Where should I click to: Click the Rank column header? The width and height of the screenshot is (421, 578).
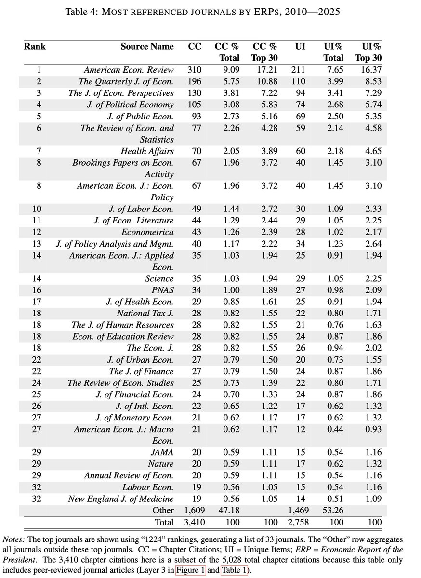(35, 47)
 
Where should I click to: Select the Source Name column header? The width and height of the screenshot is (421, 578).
(147, 47)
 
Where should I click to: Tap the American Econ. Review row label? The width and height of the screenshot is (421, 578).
(129, 70)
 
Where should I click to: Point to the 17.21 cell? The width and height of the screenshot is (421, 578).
(264, 70)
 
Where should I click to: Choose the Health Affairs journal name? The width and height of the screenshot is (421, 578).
(147, 151)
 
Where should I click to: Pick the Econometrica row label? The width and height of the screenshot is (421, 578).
(149, 232)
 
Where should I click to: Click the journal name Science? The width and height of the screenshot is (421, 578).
(159, 278)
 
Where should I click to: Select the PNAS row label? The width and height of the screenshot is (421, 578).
(163, 290)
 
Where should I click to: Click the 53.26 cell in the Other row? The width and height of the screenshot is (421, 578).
(333, 510)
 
